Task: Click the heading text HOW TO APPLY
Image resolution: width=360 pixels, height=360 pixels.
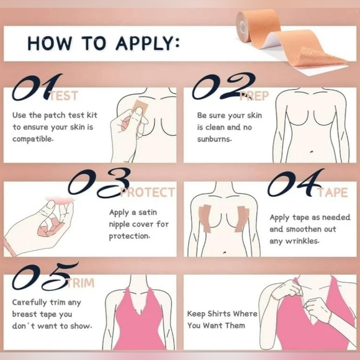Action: [104, 44]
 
